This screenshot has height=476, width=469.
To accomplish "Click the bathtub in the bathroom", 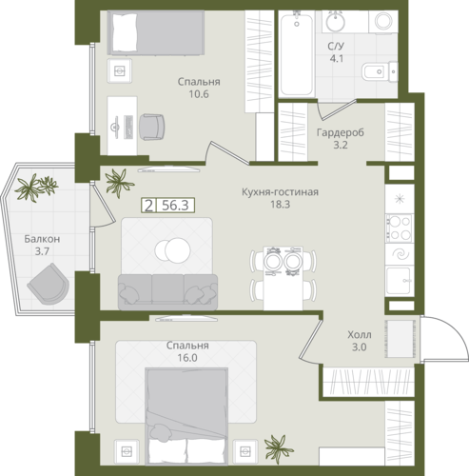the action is (x=297, y=53).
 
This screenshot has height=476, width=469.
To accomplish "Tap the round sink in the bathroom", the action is (x=336, y=21).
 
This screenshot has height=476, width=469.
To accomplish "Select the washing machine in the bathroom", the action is (x=383, y=21).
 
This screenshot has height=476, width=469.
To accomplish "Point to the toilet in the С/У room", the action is (x=380, y=71).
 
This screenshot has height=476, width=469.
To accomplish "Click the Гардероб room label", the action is (x=341, y=132).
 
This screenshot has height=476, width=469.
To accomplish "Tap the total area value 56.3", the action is (x=175, y=206).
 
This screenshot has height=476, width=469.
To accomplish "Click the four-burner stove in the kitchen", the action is (x=400, y=228).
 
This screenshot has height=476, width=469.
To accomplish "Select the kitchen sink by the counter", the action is (x=400, y=281).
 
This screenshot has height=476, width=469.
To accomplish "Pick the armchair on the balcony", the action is (x=49, y=284).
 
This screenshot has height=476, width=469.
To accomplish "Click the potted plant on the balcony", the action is (x=36, y=187).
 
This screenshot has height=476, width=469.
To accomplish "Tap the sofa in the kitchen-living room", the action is (x=167, y=292).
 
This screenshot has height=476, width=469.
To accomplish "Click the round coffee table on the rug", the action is (x=173, y=249).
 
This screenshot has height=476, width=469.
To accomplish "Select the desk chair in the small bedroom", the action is (x=152, y=127).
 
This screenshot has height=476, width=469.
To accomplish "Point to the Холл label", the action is (x=360, y=334).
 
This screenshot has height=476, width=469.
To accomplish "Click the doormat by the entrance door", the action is (x=400, y=339).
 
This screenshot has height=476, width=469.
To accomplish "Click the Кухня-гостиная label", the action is (x=280, y=192).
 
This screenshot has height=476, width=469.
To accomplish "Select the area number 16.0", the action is (x=187, y=358).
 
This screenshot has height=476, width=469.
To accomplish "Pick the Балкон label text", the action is (x=42, y=239).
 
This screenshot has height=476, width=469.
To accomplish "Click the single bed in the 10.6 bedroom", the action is (x=155, y=32).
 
